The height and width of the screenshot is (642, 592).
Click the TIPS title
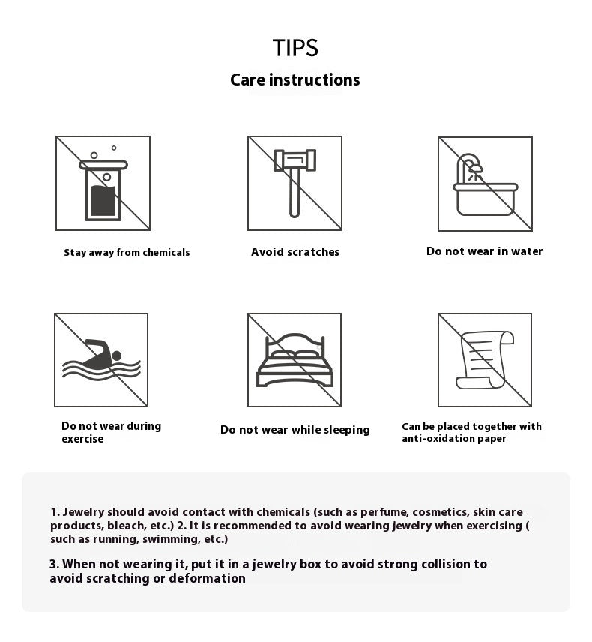295,48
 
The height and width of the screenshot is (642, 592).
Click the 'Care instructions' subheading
295,80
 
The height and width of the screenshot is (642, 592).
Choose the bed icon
295,360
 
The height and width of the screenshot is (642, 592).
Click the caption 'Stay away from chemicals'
127,253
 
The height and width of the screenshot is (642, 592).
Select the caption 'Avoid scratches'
295,252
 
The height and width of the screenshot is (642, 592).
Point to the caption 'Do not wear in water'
484,251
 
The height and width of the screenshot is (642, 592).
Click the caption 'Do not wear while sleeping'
295,430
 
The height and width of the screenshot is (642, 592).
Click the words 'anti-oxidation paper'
454,439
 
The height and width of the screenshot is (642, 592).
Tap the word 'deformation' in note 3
208,578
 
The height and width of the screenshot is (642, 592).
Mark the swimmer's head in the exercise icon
115,354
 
